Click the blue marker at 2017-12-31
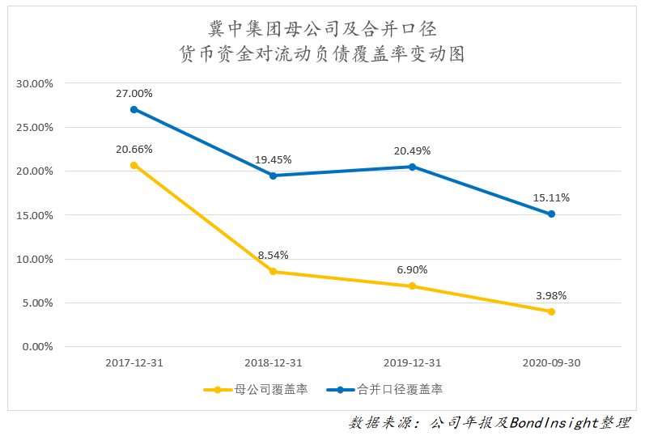pos(134,109)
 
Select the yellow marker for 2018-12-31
pos(273,272)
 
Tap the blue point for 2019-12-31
pos(412,167)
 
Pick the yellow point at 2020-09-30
pos(551,311)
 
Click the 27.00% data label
pos(134,93)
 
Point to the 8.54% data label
pos(273,255)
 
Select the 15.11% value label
pos(552,197)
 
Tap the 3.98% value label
pos(551,294)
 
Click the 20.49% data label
pos(412,150)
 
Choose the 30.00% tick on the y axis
pos(35,83)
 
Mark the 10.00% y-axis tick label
pos(35,260)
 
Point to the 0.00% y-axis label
pos(37,347)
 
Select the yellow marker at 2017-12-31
pos(134,165)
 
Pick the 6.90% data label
pos(412,269)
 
